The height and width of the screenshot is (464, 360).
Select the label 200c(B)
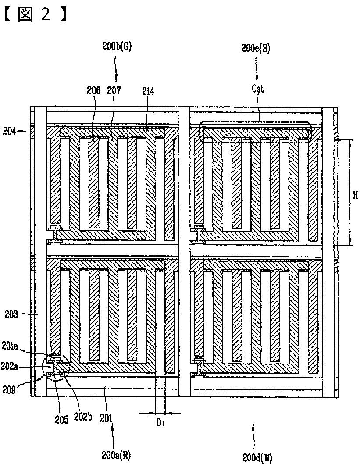tap(256, 48)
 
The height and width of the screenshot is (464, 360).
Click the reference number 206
tap(93, 91)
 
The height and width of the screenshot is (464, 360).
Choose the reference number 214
tap(148, 91)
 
